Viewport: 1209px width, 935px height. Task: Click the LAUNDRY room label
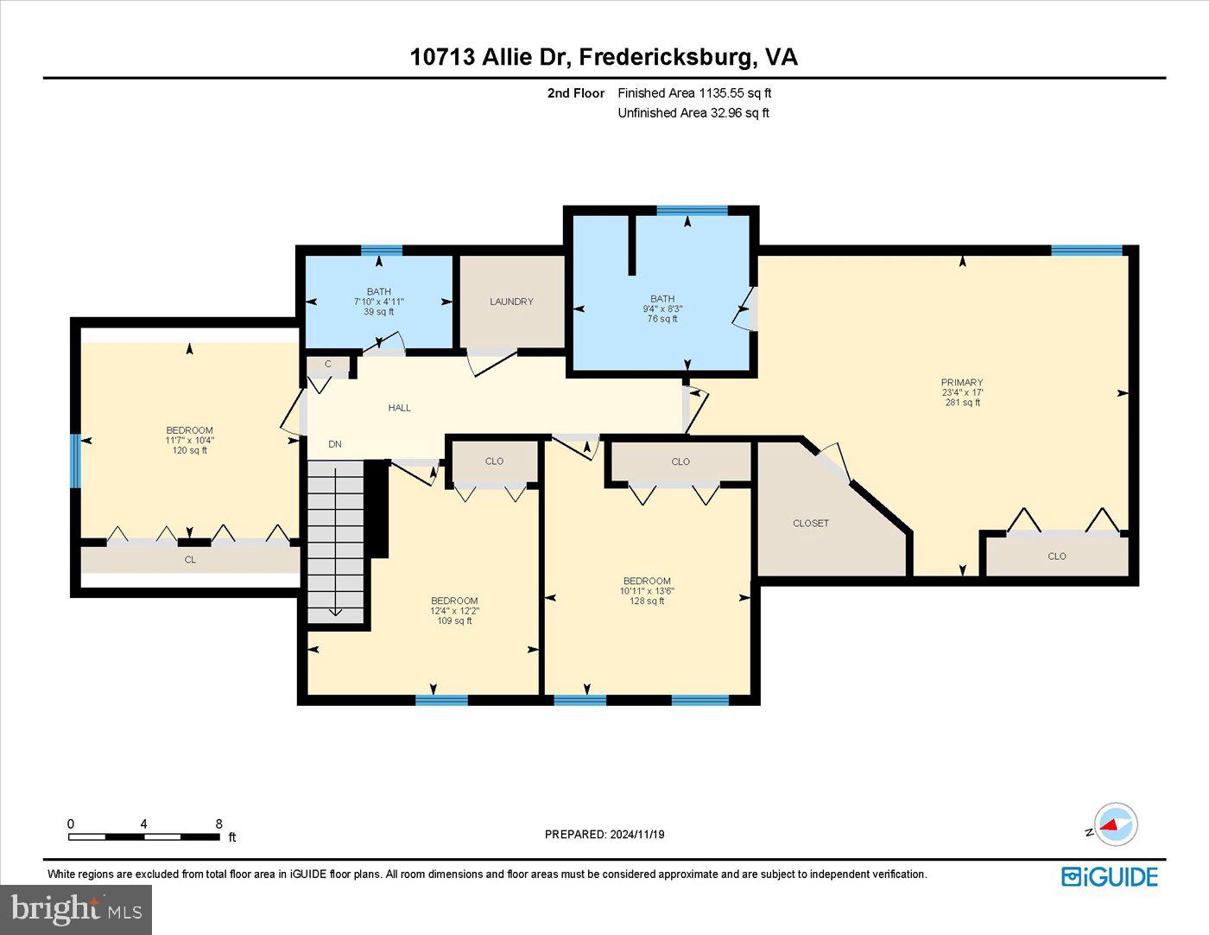(x=511, y=302)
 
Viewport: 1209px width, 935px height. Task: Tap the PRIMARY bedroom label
(x=962, y=382)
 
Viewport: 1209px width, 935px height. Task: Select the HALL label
(x=399, y=408)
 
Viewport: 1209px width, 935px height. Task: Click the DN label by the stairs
(x=335, y=444)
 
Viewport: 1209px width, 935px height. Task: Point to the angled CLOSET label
(x=811, y=524)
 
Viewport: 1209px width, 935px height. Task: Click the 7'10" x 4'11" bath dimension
(x=378, y=302)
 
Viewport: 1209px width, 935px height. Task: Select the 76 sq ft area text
(x=662, y=319)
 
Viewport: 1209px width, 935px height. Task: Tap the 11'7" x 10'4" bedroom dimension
(x=189, y=440)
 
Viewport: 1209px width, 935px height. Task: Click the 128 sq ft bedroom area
(x=647, y=601)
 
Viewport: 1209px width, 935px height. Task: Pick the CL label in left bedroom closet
(x=190, y=560)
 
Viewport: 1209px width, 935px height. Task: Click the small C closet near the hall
(x=328, y=365)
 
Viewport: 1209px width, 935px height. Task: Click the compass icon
(x=1115, y=824)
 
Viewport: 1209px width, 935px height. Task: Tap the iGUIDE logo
(x=1110, y=876)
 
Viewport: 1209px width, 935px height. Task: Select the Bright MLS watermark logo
(x=76, y=909)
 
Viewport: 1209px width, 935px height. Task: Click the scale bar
(x=143, y=836)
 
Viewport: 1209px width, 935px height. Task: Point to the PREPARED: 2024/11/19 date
(x=604, y=835)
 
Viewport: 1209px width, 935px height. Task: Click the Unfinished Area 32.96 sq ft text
(x=693, y=113)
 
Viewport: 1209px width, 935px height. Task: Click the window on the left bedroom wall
(x=75, y=461)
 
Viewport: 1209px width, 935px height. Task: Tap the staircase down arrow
(x=335, y=612)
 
